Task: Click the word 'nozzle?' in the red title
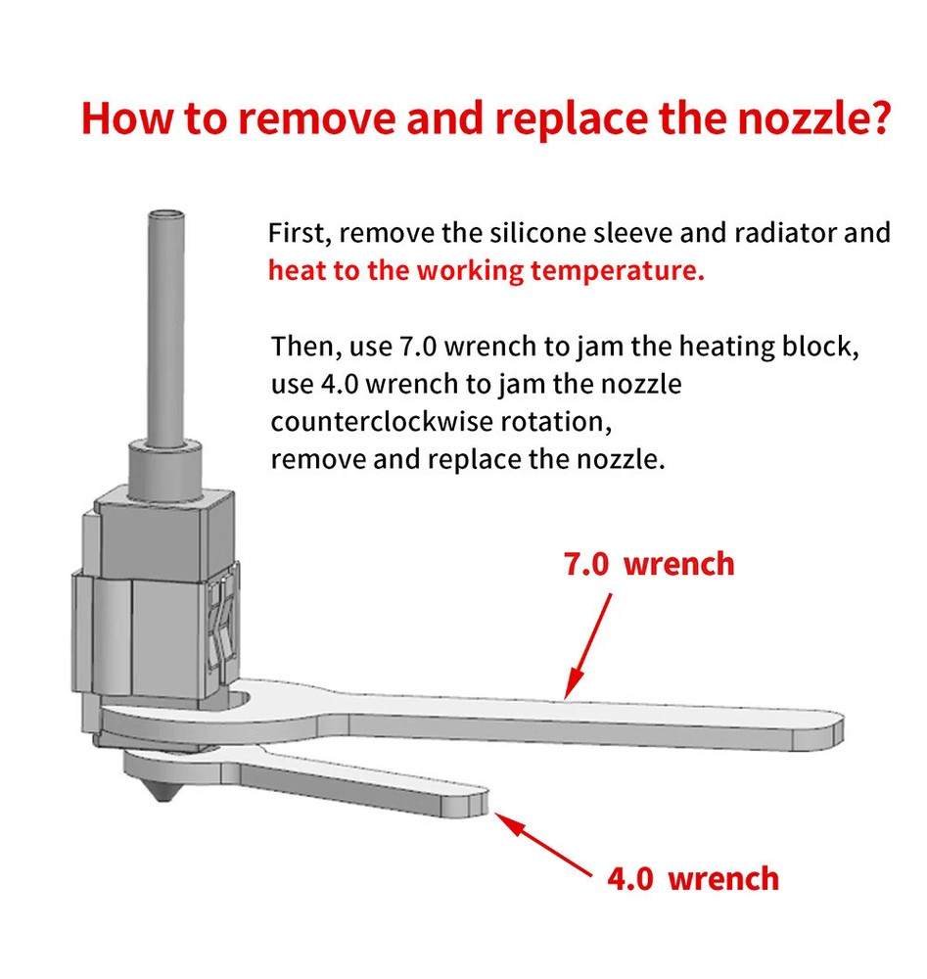point(812,118)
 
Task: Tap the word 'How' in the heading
point(126,118)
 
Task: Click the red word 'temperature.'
point(617,271)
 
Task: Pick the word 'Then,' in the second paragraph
point(306,347)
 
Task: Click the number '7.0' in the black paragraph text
point(418,347)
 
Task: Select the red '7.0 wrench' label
point(649,564)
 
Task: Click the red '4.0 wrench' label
point(693,878)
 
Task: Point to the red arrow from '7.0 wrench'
point(587,646)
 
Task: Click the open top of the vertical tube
point(166,215)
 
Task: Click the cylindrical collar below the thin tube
point(165,469)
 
